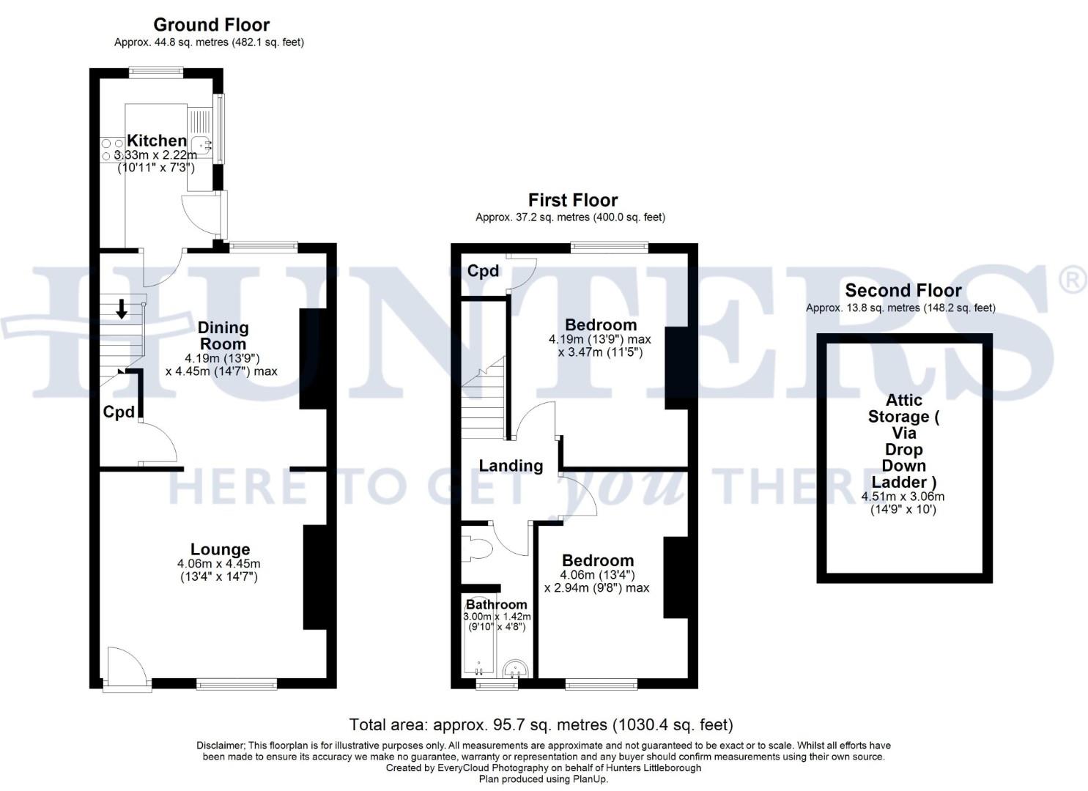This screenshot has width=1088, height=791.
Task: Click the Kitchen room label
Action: tap(157, 140)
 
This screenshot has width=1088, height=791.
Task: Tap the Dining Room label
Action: tap(223, 335)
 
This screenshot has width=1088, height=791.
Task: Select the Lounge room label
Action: tap(220, 549)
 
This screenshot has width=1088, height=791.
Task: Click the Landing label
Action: tap(511, 466)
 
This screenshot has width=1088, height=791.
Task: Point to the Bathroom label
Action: tap(496, 605)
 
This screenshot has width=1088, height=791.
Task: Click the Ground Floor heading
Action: tap(211, 25)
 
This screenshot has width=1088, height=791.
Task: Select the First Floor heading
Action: tap(573, 200)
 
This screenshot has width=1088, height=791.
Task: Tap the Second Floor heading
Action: tap(903, 291)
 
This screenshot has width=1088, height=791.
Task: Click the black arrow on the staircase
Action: tap(122, 310)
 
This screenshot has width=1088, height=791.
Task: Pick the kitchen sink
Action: tap(201, 144)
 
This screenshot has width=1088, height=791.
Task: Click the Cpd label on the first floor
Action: tap(483, 271)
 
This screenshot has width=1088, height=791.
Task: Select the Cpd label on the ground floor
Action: tap(119, 412)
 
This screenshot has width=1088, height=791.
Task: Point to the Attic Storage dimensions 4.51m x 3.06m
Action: tap(903, 497)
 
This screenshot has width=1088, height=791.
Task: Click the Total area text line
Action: tap(541, 725)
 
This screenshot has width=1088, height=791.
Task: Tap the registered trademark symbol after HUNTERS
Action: tap(1073, 281)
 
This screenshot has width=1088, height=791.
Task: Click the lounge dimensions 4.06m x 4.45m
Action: tap(218, 564)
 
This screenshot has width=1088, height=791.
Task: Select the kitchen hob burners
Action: tap(111, 149)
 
